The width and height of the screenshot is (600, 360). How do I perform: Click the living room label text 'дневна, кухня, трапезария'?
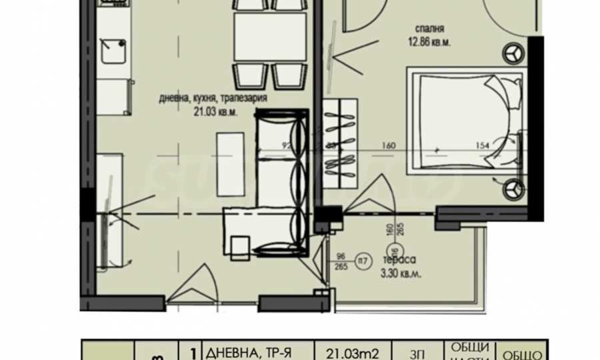[213, 98]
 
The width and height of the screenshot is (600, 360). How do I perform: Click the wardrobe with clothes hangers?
[340, 140]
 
